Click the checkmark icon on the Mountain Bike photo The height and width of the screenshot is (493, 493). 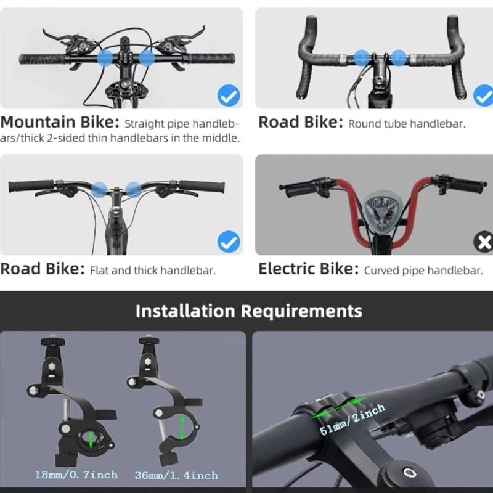click(229, 96)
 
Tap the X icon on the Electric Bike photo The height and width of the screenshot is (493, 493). click(483, 242)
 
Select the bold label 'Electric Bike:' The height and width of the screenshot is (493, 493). click(308, 269)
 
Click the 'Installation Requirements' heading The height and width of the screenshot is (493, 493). click(248, 310)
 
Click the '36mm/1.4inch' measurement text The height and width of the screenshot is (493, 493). click(176, 475)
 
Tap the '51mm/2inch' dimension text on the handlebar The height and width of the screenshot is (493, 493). click(352, 420)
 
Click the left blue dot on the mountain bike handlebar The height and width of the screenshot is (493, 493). click(106, 59)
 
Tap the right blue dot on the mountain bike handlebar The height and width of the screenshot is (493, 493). click(147, 59)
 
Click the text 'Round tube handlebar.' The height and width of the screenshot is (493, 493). click(407, 124)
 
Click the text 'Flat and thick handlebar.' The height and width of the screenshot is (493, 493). click(153, 271)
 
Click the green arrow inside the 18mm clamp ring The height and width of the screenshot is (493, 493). click(91, 439)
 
